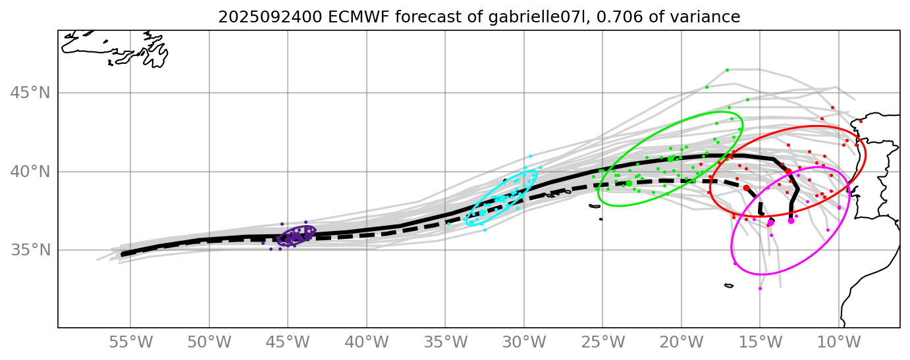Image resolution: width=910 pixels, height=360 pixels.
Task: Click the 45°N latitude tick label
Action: point(30,93)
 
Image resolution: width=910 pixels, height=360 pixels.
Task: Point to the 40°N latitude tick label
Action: point(30,172)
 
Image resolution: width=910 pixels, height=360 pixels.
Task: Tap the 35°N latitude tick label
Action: point(30,251)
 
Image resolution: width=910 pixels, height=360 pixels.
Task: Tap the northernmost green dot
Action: point(727,70)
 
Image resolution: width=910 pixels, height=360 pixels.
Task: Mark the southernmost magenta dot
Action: point(760,288)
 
